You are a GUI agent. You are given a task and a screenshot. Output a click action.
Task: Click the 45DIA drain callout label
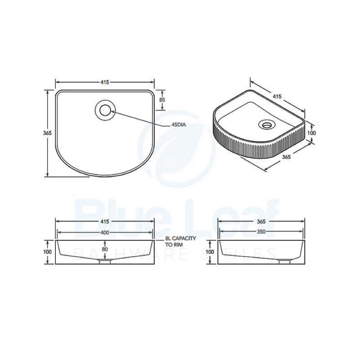(178, 125)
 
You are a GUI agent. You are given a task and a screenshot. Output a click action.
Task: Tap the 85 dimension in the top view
(162, 100)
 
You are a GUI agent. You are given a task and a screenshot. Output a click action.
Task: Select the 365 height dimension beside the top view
(47, 133)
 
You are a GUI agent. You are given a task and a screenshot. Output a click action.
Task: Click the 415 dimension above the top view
(105, 82)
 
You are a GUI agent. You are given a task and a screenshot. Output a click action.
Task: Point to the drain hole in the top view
(105, 110)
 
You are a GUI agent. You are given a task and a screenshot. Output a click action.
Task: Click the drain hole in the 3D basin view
(267, 125)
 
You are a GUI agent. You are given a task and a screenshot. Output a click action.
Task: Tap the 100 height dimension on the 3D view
(311, 133)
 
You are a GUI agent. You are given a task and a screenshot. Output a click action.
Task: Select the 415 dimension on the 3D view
(277, 96)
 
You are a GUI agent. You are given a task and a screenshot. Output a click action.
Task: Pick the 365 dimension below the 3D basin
(286, 157)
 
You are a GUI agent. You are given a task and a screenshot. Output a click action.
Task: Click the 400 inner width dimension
(105, 232)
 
